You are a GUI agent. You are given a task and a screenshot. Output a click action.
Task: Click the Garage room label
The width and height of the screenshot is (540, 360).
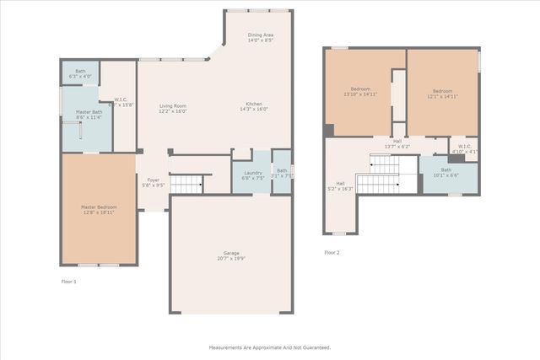click(231, 253)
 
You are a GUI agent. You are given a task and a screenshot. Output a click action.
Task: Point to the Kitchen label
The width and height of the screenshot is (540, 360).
click(254, 104)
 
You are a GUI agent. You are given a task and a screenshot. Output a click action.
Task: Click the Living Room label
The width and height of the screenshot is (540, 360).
click(173, 105)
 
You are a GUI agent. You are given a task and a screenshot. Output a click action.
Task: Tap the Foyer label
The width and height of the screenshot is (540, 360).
click(153, 180)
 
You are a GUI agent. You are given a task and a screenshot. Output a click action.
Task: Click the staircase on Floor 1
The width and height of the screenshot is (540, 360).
click(186, 184)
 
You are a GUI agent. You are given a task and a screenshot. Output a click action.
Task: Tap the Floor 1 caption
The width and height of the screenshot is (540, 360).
click(69, 281)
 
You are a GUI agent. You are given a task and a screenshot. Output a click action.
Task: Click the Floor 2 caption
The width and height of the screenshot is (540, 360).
click(332, 252)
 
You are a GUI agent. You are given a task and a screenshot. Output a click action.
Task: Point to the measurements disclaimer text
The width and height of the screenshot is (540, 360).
click(270, 347)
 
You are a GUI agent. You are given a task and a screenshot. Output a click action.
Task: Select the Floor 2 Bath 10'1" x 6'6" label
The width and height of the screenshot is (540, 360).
click(445, 173)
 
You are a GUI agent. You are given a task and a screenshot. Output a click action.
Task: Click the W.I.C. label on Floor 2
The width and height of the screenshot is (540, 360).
click(463, 148)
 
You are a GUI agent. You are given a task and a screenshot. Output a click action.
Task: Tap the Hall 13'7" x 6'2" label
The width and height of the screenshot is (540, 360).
click(397, 142)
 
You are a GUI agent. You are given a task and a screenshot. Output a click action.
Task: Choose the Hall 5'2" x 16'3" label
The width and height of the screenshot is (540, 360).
click(340, 185)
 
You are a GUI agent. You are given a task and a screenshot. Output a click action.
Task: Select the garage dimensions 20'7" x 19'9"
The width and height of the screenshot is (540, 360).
click(231, 259)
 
